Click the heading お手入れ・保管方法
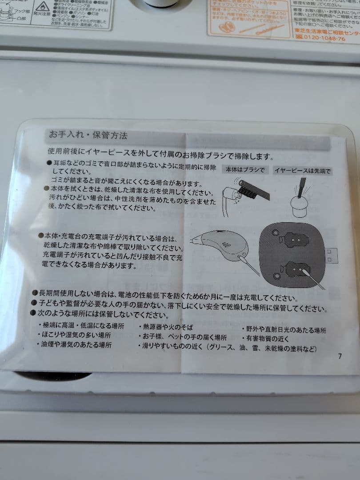pos(88,135)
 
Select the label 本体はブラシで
pos(245,170)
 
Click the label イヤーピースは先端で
pos(303,170)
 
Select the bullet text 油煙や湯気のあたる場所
pos(76,344)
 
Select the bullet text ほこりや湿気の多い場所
pos(76,335)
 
